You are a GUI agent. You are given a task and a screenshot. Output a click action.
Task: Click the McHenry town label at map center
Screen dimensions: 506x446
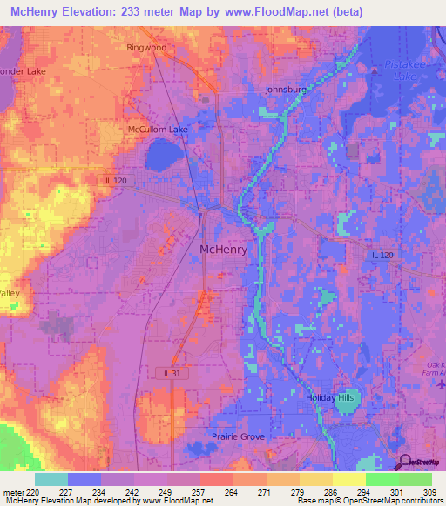coord(224,249)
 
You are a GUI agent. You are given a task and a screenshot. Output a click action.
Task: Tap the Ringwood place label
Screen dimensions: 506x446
coord(145,48)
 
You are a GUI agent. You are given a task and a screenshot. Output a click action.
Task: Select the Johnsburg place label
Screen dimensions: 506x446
coord(286,89)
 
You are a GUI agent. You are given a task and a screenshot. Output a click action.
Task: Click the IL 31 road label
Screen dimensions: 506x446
coord(173,373)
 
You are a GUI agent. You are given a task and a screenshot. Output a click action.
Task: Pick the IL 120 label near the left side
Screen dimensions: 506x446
coord(116,180)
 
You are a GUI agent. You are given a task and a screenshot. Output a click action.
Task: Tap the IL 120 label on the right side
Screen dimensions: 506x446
coord(382,255)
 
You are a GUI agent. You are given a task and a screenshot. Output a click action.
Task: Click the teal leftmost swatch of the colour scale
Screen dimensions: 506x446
coord(51,478)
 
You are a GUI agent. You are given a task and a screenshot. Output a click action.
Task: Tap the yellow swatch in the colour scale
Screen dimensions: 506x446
coord(348,478)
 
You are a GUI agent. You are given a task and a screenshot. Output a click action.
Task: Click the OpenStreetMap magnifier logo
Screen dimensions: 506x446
coord(406,463)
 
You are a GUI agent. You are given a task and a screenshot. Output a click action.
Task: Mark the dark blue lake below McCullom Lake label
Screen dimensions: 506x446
coord(163,156)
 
